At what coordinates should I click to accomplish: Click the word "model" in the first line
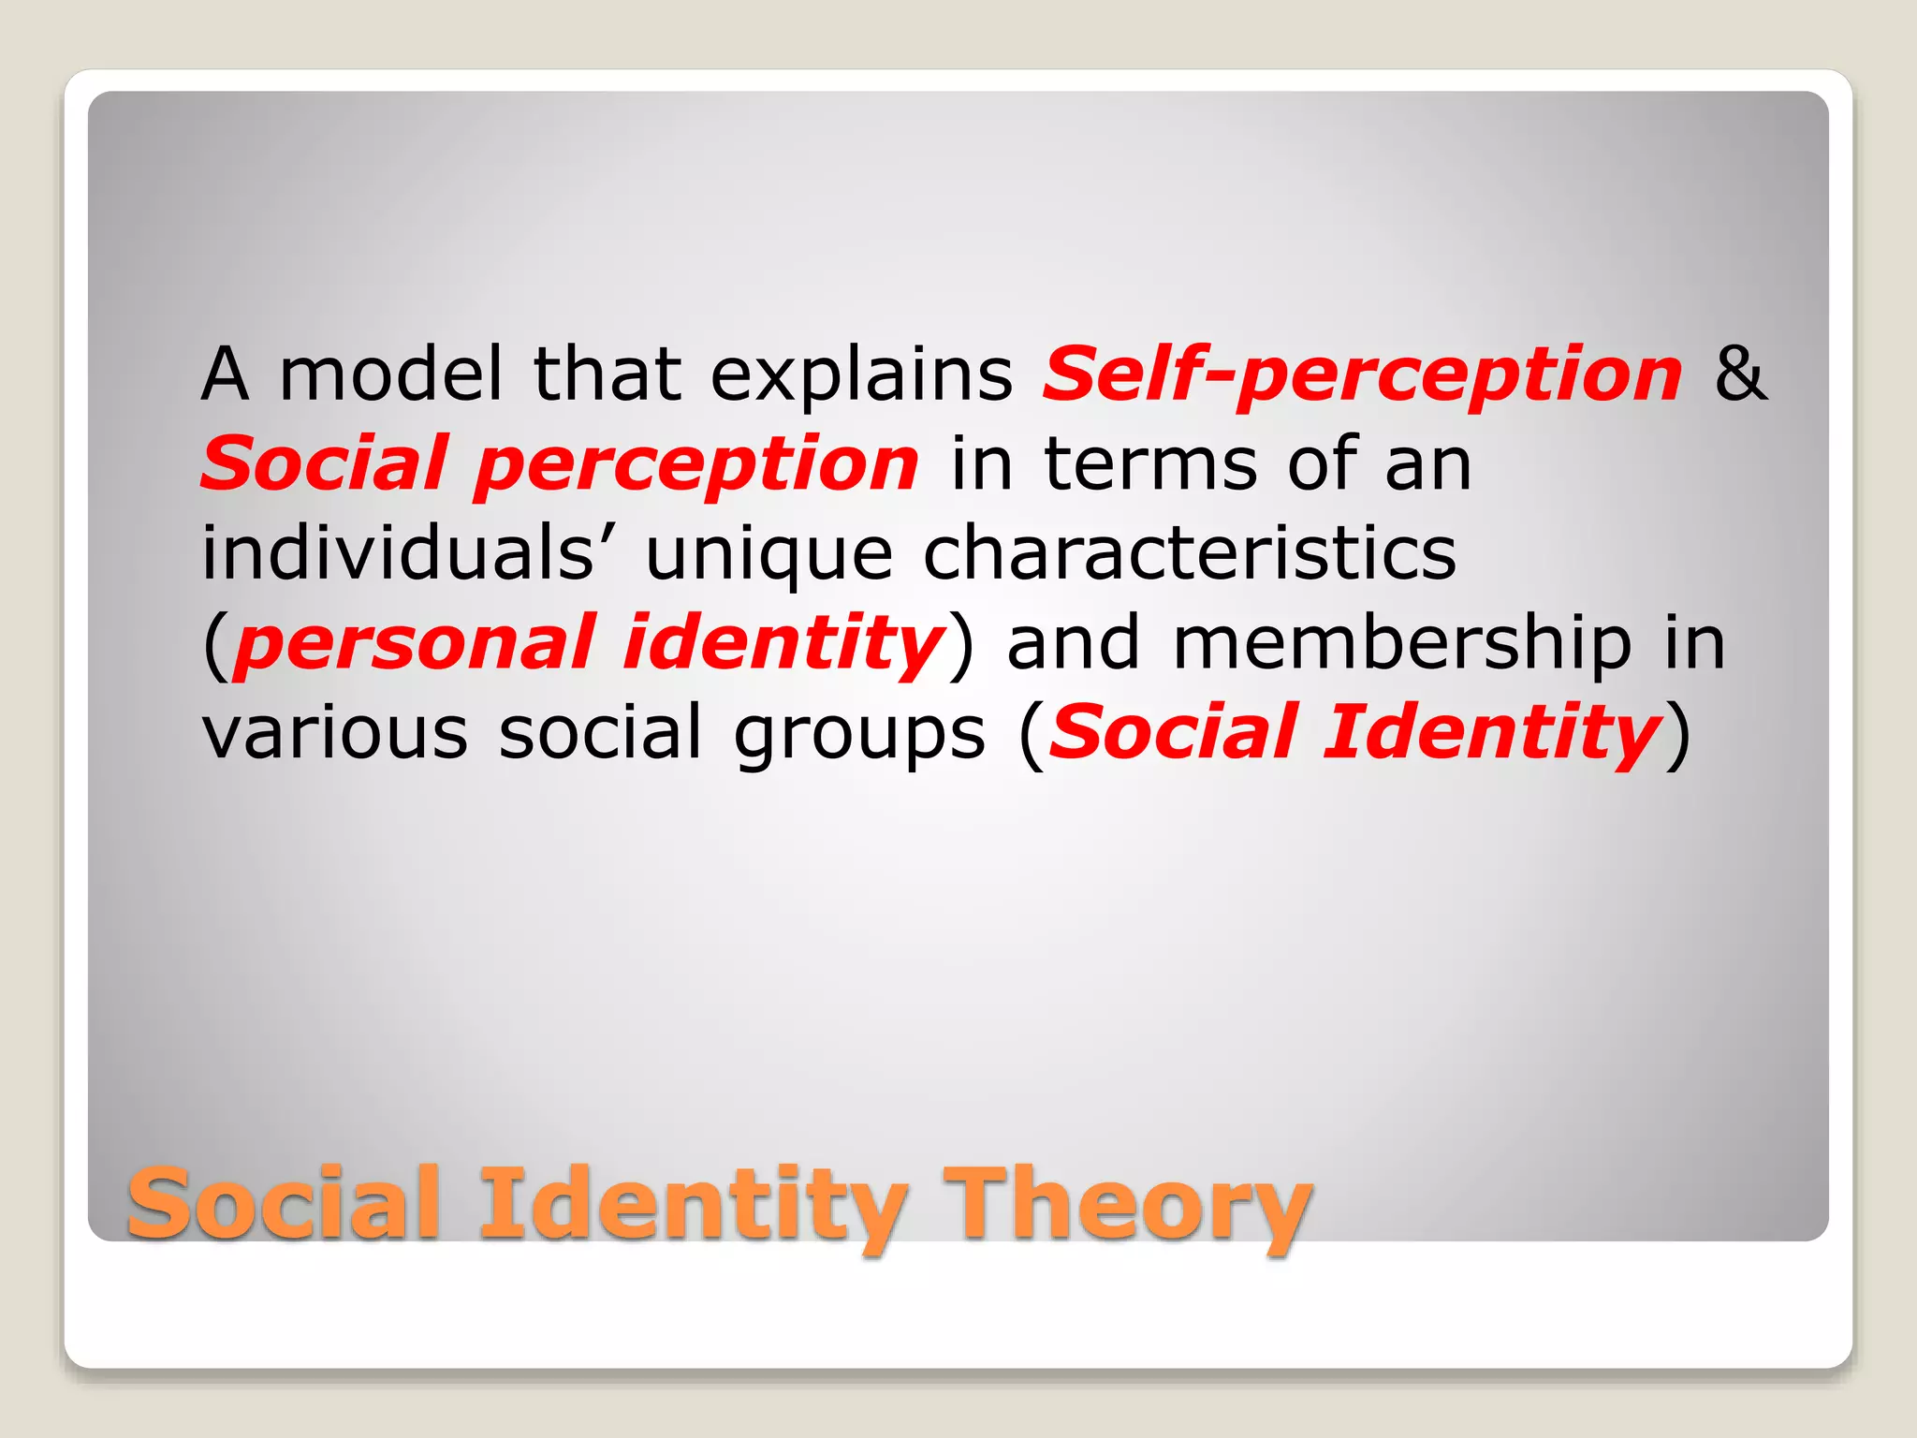(x=391, y=374)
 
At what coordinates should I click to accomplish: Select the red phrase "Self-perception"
(x=1363, y=374)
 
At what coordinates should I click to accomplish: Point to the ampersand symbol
(x=1741, y=374)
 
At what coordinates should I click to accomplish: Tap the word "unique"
(x=768, y=554)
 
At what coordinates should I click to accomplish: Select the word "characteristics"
(x=1190, y=552)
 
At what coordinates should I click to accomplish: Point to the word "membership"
(x=1402, y=644)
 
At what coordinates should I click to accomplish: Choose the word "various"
(x=334, y=732)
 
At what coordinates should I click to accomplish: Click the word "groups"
(x=858, y=734)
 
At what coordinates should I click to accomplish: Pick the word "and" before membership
(x=1073, y=644)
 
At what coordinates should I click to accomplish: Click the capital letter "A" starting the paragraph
(x=226, y=374)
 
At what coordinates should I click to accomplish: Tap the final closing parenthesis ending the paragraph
(x=1679, y=734)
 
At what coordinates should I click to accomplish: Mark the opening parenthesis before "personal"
(x=215, y=644)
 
